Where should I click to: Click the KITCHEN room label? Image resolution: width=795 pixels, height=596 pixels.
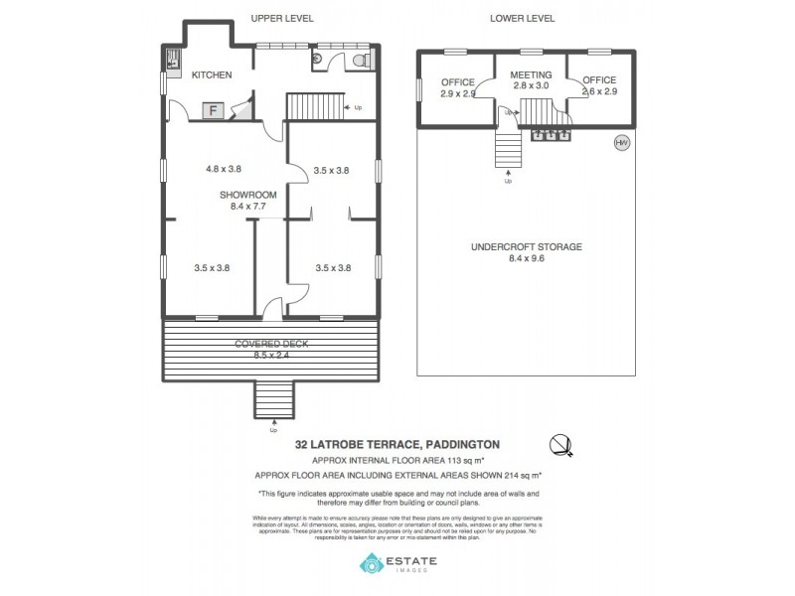point(212,74)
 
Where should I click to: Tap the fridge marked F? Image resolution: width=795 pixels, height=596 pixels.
point(213,110)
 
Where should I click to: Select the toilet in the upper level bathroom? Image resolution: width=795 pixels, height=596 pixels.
point(360,61)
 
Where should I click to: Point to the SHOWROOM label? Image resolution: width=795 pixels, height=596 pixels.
point(247,195)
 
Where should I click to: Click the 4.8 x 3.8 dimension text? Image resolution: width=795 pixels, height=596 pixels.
point(224,170)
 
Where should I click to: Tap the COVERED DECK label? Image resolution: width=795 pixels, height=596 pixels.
point(271,344)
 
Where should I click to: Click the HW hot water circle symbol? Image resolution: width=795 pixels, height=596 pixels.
point(622,143)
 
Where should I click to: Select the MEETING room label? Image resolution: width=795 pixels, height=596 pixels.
point(531,75)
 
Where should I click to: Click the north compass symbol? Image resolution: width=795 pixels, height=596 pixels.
point(562,444)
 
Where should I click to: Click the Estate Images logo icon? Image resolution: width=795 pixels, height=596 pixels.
point(371,563)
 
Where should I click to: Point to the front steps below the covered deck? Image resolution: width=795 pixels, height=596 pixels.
point(273,400)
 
